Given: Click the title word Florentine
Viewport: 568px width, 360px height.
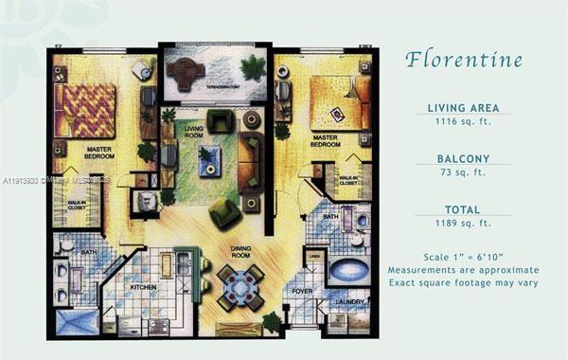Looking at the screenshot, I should (x=463, y=60).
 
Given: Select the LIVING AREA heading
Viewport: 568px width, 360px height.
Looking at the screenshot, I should (x=463, y=108).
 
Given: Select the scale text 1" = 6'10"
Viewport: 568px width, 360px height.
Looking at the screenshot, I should (x=463, y=257).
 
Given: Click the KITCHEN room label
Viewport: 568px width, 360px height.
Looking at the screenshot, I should (x=144, y=286).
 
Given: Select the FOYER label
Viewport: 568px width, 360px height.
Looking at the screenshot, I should (x=302, y=292).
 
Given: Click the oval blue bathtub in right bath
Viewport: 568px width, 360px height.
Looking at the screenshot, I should (x=349, y=270).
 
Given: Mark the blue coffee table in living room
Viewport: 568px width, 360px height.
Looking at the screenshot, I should (x=210, y=157).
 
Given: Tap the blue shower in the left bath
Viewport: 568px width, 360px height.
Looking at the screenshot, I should (x=77, y=320).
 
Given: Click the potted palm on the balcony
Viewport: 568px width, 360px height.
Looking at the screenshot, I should (x=253, y=68).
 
